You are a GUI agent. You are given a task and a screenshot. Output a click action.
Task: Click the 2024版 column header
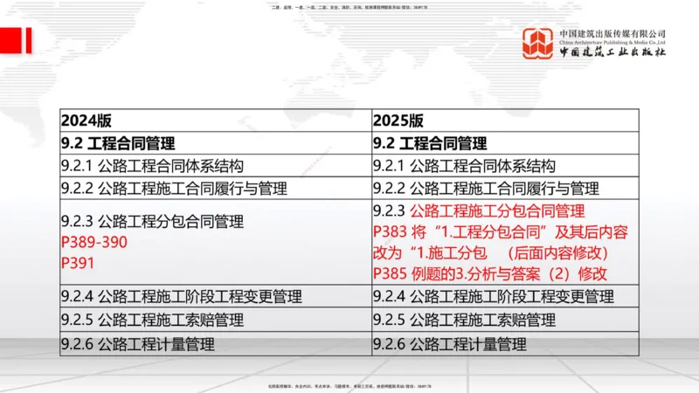coord(86,121)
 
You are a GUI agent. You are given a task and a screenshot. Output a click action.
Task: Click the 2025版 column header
coord(398,121)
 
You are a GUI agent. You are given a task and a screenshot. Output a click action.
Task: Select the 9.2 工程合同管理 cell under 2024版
coord(118,143)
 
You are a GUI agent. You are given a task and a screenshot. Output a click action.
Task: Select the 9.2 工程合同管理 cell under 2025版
coord(430,143)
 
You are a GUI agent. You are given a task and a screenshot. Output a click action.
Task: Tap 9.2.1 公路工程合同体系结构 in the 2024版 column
coord(152,166)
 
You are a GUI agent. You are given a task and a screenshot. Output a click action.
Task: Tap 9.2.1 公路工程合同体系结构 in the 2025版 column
coord(464,166)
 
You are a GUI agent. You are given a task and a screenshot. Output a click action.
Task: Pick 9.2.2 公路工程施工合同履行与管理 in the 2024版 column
coord(174,189)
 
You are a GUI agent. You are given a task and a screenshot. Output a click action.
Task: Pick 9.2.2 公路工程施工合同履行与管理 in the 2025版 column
coord(486,189)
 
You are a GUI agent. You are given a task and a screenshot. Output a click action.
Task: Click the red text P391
coord(76,261)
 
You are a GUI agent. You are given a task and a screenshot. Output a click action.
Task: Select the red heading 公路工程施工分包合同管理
coord(496,210)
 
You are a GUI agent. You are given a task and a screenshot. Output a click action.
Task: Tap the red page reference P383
coord(390,232)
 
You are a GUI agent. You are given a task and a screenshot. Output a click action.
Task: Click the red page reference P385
coord(390,274)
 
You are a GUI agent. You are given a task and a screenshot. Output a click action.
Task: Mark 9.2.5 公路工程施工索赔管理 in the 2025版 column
coord(464,320)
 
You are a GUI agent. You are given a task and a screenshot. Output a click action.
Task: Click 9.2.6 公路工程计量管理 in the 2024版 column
coord(137,343)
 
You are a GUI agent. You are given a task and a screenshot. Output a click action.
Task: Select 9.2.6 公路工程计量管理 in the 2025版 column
coord(449,343)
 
